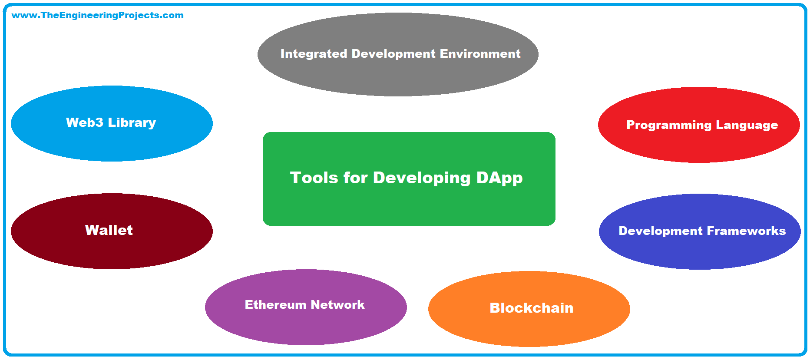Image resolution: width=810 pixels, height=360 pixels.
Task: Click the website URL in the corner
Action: coord(97,15)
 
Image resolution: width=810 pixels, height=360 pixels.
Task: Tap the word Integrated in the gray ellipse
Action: coord(314,54)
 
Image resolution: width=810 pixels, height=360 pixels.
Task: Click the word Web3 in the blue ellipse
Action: coord(84,122)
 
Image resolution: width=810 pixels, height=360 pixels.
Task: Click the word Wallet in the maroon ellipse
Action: coord(109,230)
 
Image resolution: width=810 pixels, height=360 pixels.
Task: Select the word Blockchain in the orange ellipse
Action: coord(531,308)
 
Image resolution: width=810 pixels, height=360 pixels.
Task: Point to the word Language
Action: coord(747,126)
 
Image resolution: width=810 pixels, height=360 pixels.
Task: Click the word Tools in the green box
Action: coord(314,178)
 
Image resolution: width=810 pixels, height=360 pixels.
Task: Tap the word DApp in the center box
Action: coord(499,178)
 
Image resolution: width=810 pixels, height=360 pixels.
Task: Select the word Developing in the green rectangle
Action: coord(421,178)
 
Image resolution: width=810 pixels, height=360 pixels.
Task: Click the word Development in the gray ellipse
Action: coord(393,54)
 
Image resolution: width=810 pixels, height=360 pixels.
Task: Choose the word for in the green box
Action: coord(355,178)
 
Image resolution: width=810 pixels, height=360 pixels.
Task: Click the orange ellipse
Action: coord(529,330)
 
